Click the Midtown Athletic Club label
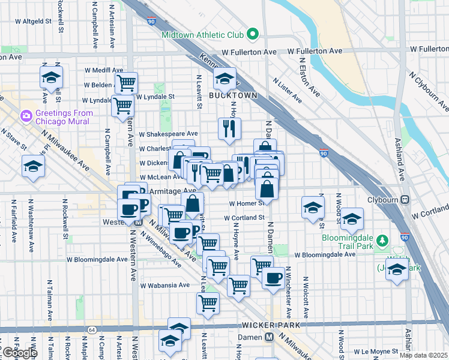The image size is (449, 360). click(204, 35)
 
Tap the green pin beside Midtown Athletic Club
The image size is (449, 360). click(253, 34)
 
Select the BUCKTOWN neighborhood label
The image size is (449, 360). click(233, 95)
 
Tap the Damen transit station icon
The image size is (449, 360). click(271, 337)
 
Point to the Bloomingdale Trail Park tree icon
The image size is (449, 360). click(382, 241)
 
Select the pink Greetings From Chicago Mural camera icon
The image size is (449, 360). click(25, 114)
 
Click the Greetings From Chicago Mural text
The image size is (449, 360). click(64, 117)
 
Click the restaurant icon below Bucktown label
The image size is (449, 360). click(229, 128)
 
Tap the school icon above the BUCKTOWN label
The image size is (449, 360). click(225, 78)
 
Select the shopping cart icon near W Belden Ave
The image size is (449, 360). click(126, 82)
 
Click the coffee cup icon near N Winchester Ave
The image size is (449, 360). click(273, 278)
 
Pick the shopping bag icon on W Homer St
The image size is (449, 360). click(267, 189)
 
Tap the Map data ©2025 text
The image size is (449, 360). click(423, 355)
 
